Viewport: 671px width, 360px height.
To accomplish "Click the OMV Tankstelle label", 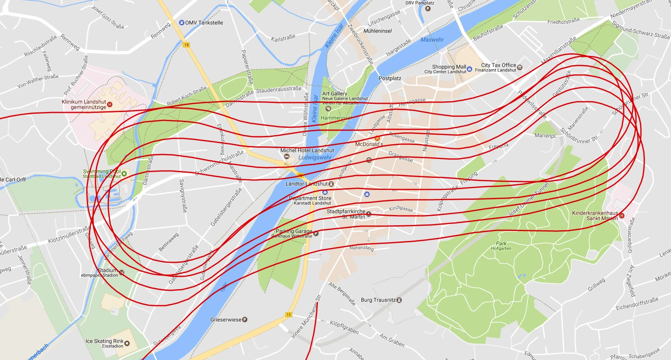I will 204,23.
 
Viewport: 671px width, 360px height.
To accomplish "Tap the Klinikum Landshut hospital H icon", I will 110,105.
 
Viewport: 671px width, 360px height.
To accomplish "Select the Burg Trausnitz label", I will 378,300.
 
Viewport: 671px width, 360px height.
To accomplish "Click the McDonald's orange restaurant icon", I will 377,138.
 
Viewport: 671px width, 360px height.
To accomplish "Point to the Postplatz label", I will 389,78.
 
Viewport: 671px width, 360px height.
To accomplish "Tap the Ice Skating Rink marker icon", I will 127,343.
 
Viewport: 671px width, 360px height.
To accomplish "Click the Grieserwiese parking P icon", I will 245,320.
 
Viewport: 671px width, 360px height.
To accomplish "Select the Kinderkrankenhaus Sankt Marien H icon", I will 622,215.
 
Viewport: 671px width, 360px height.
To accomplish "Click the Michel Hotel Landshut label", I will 307,150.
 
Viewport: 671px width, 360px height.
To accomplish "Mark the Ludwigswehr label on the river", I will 315,157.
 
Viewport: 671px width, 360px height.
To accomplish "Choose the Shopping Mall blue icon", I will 470,69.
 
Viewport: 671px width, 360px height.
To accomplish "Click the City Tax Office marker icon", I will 520,67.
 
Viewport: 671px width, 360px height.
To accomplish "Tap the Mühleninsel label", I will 377,31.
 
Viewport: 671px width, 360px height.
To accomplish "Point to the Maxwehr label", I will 432,40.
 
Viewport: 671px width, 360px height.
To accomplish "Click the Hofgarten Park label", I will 501,246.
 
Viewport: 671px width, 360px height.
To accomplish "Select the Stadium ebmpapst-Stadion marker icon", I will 121,272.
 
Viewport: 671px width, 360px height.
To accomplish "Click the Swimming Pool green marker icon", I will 124,173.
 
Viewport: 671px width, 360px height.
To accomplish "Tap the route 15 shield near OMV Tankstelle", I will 186,45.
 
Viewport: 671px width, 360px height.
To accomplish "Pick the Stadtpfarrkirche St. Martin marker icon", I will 368,214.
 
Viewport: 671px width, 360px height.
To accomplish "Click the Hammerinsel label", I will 336,118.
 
